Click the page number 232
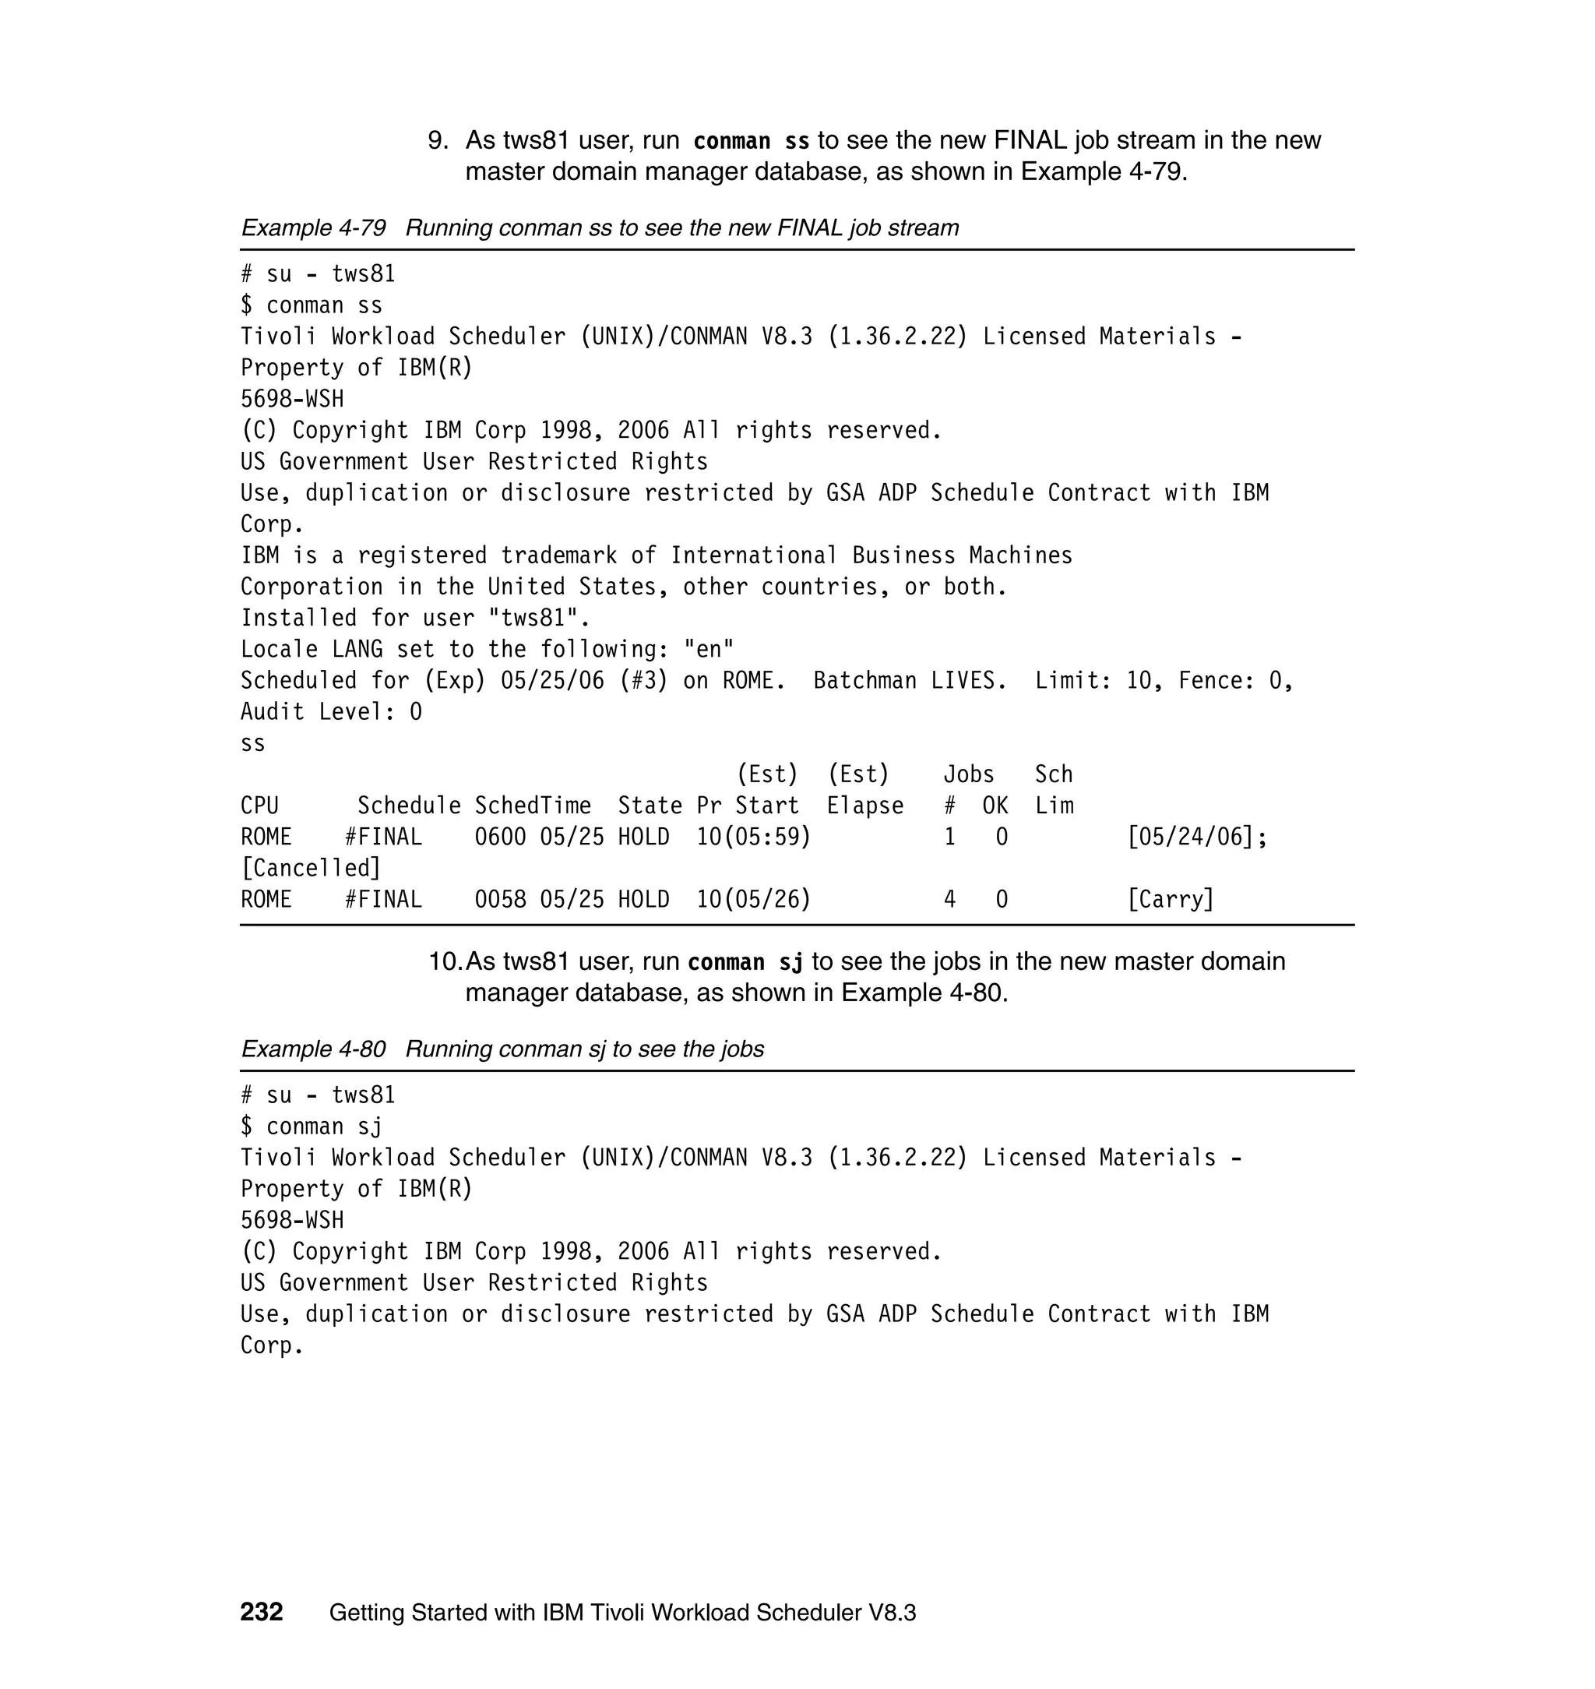click(x=261, y=1612)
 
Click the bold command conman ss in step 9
click(x=751, y=141)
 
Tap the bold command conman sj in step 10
click(x=745, y=962)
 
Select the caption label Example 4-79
click(x=313, y=228)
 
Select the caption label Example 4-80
click(x=313, y=1049)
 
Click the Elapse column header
click(x=864, y=806)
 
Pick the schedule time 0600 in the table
click(x=500, y=837)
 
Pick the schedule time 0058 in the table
click(x=500, y=899)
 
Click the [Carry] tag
click(x=1170, y=899)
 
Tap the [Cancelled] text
click(x=312, y=869)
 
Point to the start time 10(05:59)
click(x=753, y=837)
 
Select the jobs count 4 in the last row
click(x=949, y=899)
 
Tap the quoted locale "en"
click(x=708, y=650)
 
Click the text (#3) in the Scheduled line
click(x=643, y=680)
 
